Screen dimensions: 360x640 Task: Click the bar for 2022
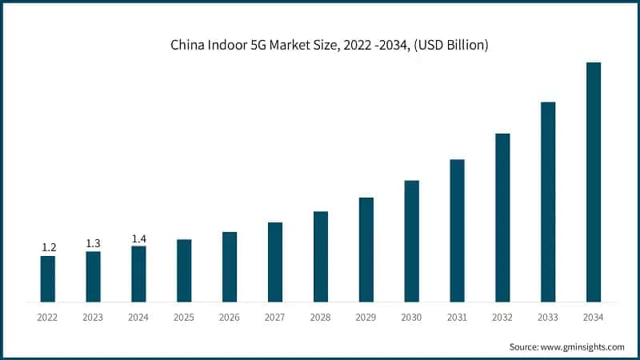click(48, 279)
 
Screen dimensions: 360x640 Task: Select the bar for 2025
click(184, 271)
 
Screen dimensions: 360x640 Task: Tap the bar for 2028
click(321, 257)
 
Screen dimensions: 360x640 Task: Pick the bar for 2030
click(411, 242)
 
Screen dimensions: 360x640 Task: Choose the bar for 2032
click(502, 218)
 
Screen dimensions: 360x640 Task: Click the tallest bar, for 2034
click(594, 182)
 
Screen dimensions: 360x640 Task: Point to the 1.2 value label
click(48, 248)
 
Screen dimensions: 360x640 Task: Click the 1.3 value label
click(94, 243)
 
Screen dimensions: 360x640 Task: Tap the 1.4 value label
click(138, 238)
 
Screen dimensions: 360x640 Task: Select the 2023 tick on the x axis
click(94, 318)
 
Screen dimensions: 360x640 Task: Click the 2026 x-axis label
click(230, 318)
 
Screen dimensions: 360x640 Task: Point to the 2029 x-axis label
click(366, 318)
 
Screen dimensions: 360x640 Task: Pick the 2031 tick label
click(457, 318)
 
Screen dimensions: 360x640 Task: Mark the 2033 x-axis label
click(548, 318)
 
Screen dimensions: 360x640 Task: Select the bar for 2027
click(275, 262)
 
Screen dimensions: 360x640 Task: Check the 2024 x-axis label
click(138, 318)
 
